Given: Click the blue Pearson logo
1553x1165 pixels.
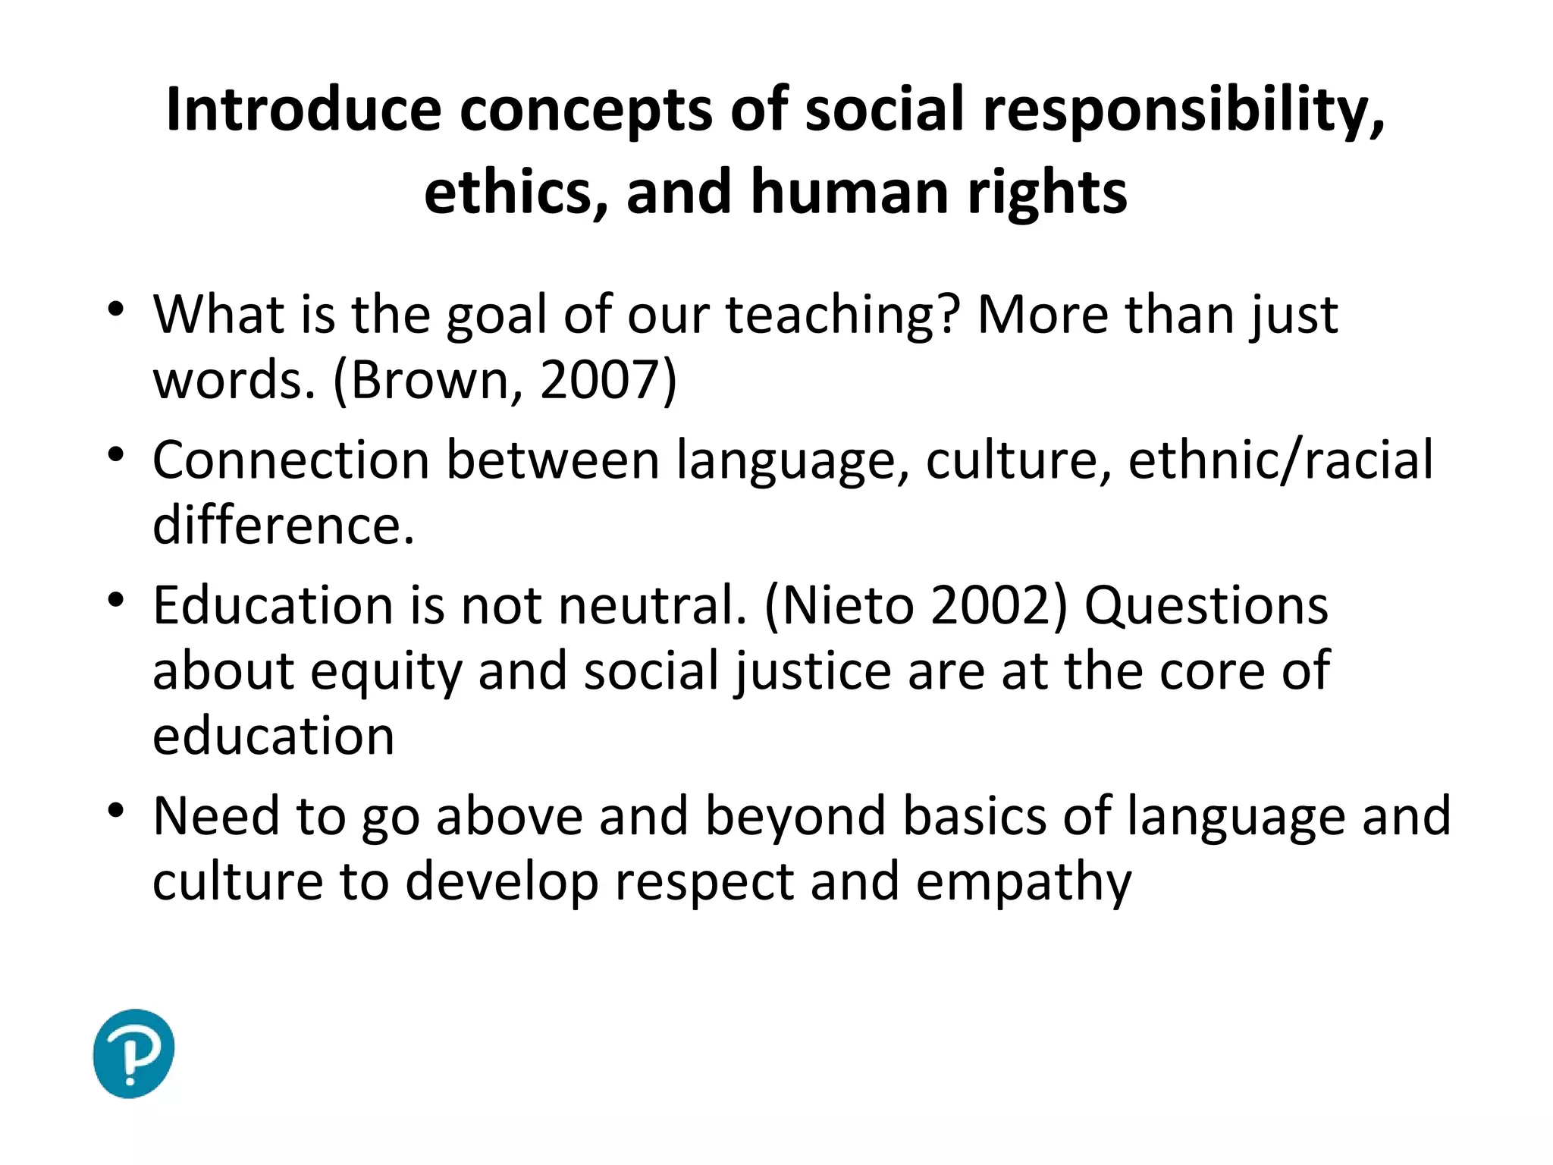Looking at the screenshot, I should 133,1053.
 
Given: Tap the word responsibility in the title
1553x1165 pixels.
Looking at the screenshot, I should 1184,110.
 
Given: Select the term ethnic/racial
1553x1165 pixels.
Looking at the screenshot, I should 1281,460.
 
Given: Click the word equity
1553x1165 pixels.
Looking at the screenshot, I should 386,672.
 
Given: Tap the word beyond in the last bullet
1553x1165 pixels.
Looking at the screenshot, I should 795,816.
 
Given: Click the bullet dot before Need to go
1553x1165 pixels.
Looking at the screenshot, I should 115,811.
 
